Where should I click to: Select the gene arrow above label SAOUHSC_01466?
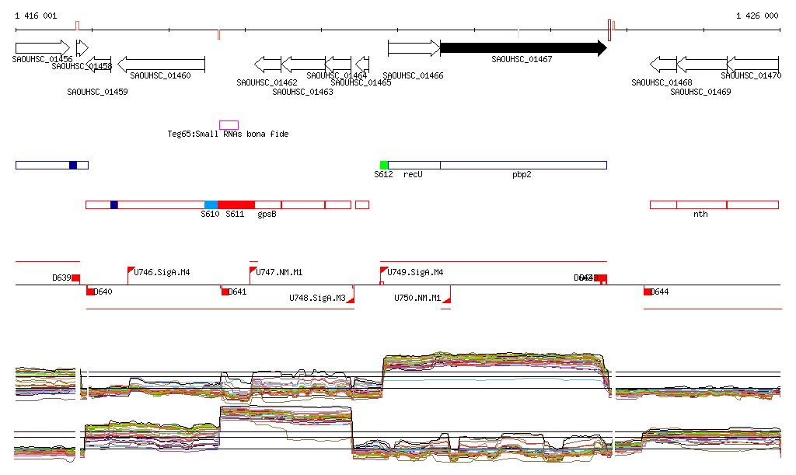(414, 48)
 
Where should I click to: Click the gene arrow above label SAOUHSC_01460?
(161, 64)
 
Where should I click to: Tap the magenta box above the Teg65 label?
(229, 125)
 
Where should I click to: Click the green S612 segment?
(384, 165)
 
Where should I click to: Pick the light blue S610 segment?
(211, 204)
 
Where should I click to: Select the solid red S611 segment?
(236, 204)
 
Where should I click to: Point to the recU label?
(412, 175)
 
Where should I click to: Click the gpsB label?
(267, 214)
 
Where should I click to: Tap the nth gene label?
(700, 214)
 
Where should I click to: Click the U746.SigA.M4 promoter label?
(162, 273)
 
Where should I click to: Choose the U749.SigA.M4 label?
(415, 273)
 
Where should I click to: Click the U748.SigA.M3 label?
(317, 298)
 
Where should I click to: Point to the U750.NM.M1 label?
(417, 298)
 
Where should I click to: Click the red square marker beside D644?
(648, 292)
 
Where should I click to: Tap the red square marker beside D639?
(75, 278)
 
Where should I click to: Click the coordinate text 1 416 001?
(36, 16)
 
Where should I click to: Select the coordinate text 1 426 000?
(757, 16)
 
